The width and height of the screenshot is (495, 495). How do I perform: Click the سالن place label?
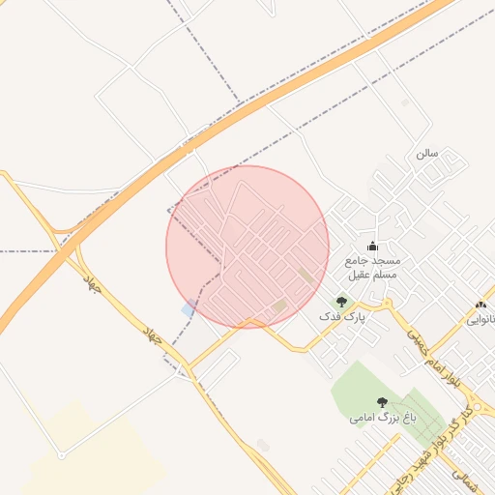[x=427, y=154]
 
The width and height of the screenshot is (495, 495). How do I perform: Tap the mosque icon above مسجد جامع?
[x=372, y=246]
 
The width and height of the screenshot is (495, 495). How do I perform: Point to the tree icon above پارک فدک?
[x=340, y=302]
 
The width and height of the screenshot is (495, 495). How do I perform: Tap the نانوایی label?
[x=482, y=318]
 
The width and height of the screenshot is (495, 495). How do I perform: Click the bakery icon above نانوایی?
[x=481, y=305]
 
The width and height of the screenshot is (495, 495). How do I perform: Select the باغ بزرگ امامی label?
[x=374, y=419]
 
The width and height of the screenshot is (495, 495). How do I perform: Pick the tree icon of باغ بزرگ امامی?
[x=382, y=402]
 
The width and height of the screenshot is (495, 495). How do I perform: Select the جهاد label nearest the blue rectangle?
[x=152, y=335]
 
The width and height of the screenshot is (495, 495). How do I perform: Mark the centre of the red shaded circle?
[x=247, y=247]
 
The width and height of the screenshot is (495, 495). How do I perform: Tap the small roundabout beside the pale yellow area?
[x=61, y=453]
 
